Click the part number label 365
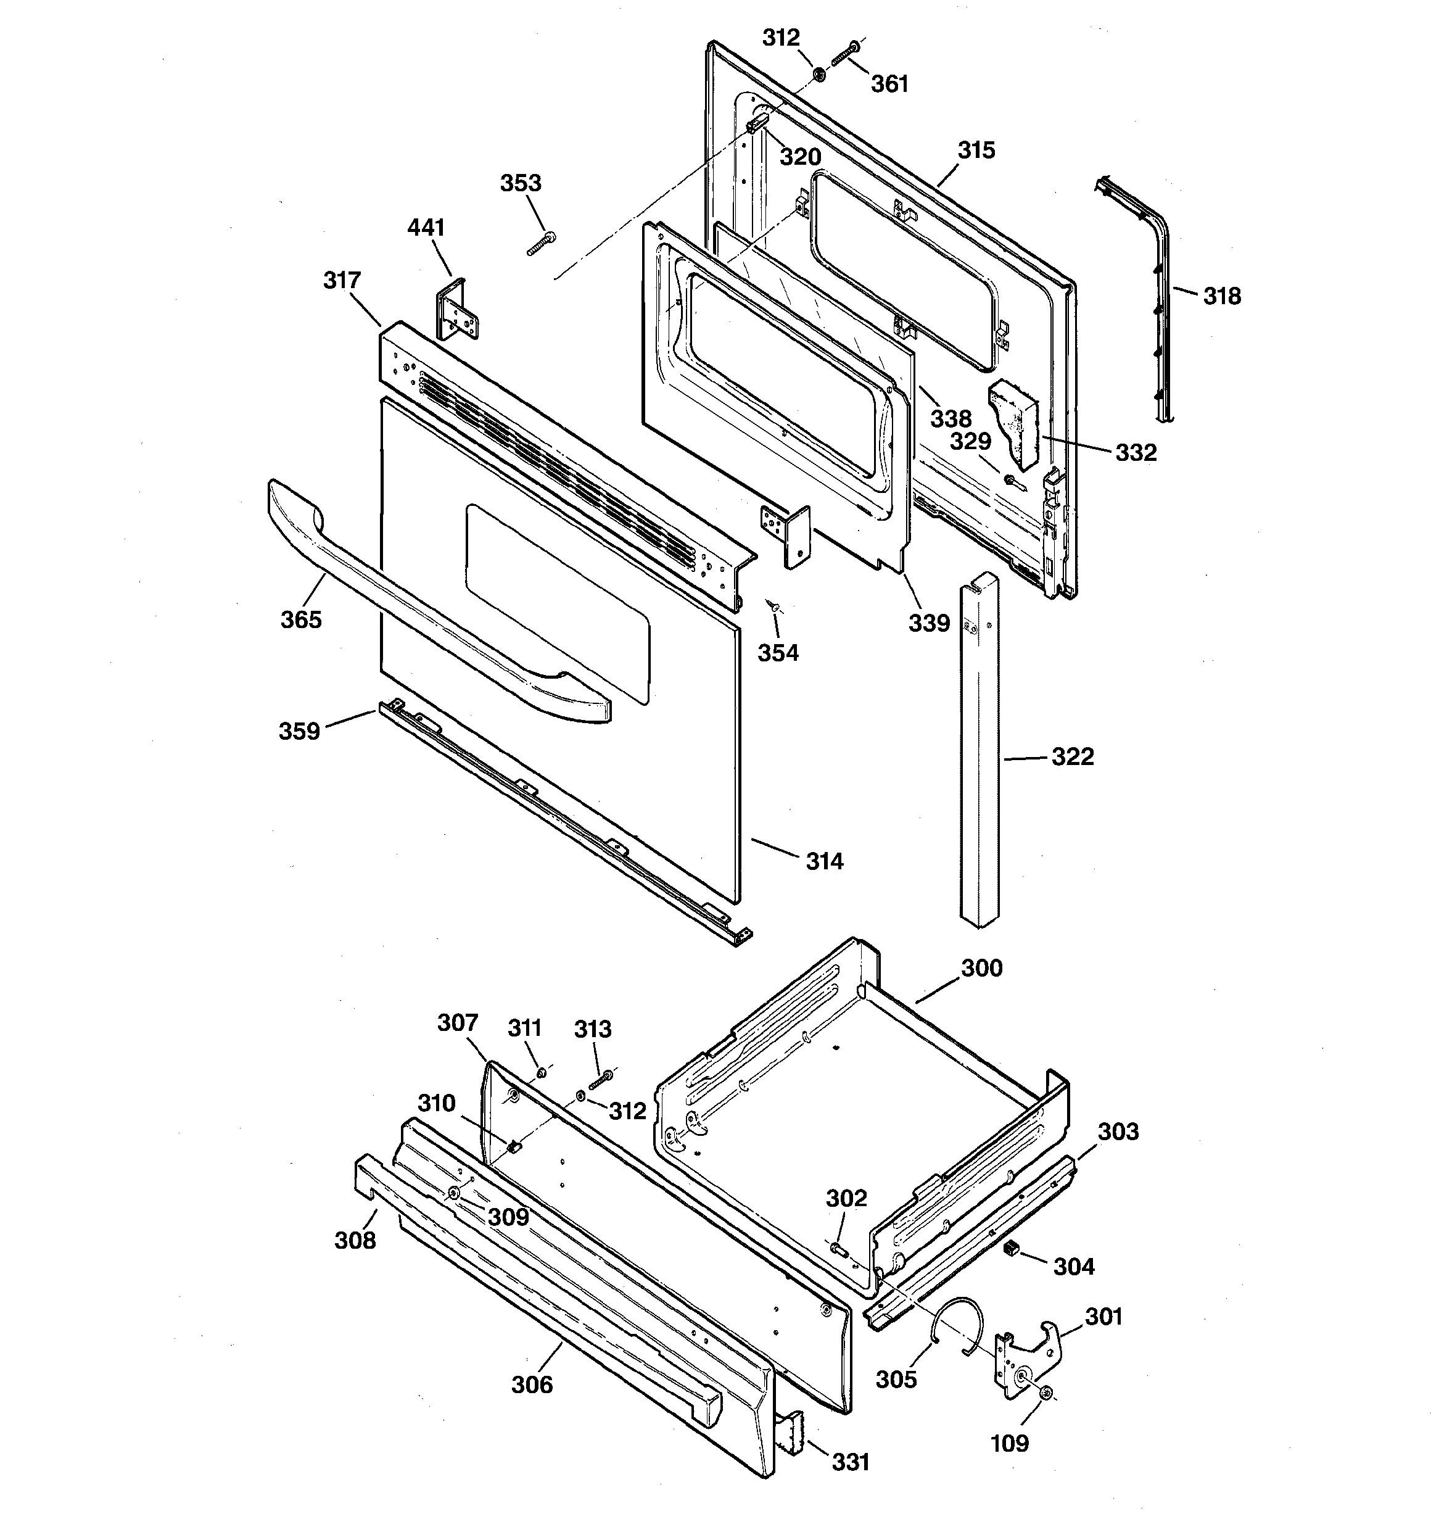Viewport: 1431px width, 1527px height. point(300,619)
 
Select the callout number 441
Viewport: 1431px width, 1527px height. point(426,228)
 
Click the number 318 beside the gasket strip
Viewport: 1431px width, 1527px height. point(1221,296)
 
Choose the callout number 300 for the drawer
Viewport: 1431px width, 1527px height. point(981,968)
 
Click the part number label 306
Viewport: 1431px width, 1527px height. point(532,1384)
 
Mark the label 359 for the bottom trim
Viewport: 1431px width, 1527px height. point(299,730)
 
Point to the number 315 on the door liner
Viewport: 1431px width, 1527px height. point(976,150)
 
